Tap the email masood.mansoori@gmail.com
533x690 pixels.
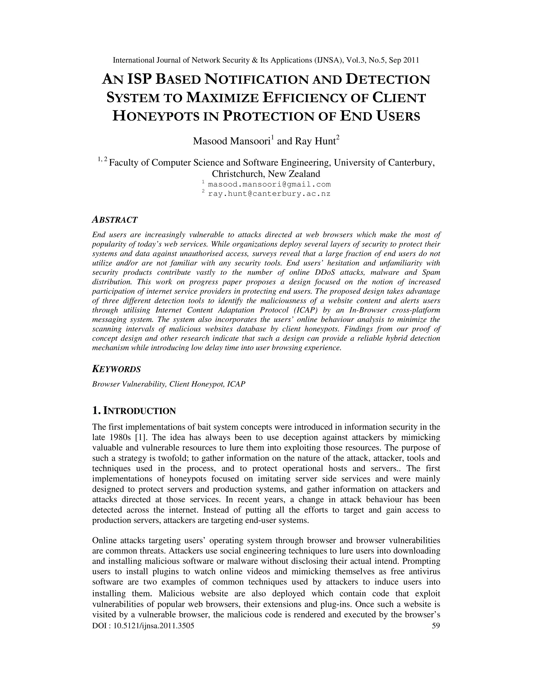click(269, 184)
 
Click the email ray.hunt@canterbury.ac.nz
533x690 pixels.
click(269, 194)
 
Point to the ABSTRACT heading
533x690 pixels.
click(115, 220)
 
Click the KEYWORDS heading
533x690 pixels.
click(116, 369)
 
